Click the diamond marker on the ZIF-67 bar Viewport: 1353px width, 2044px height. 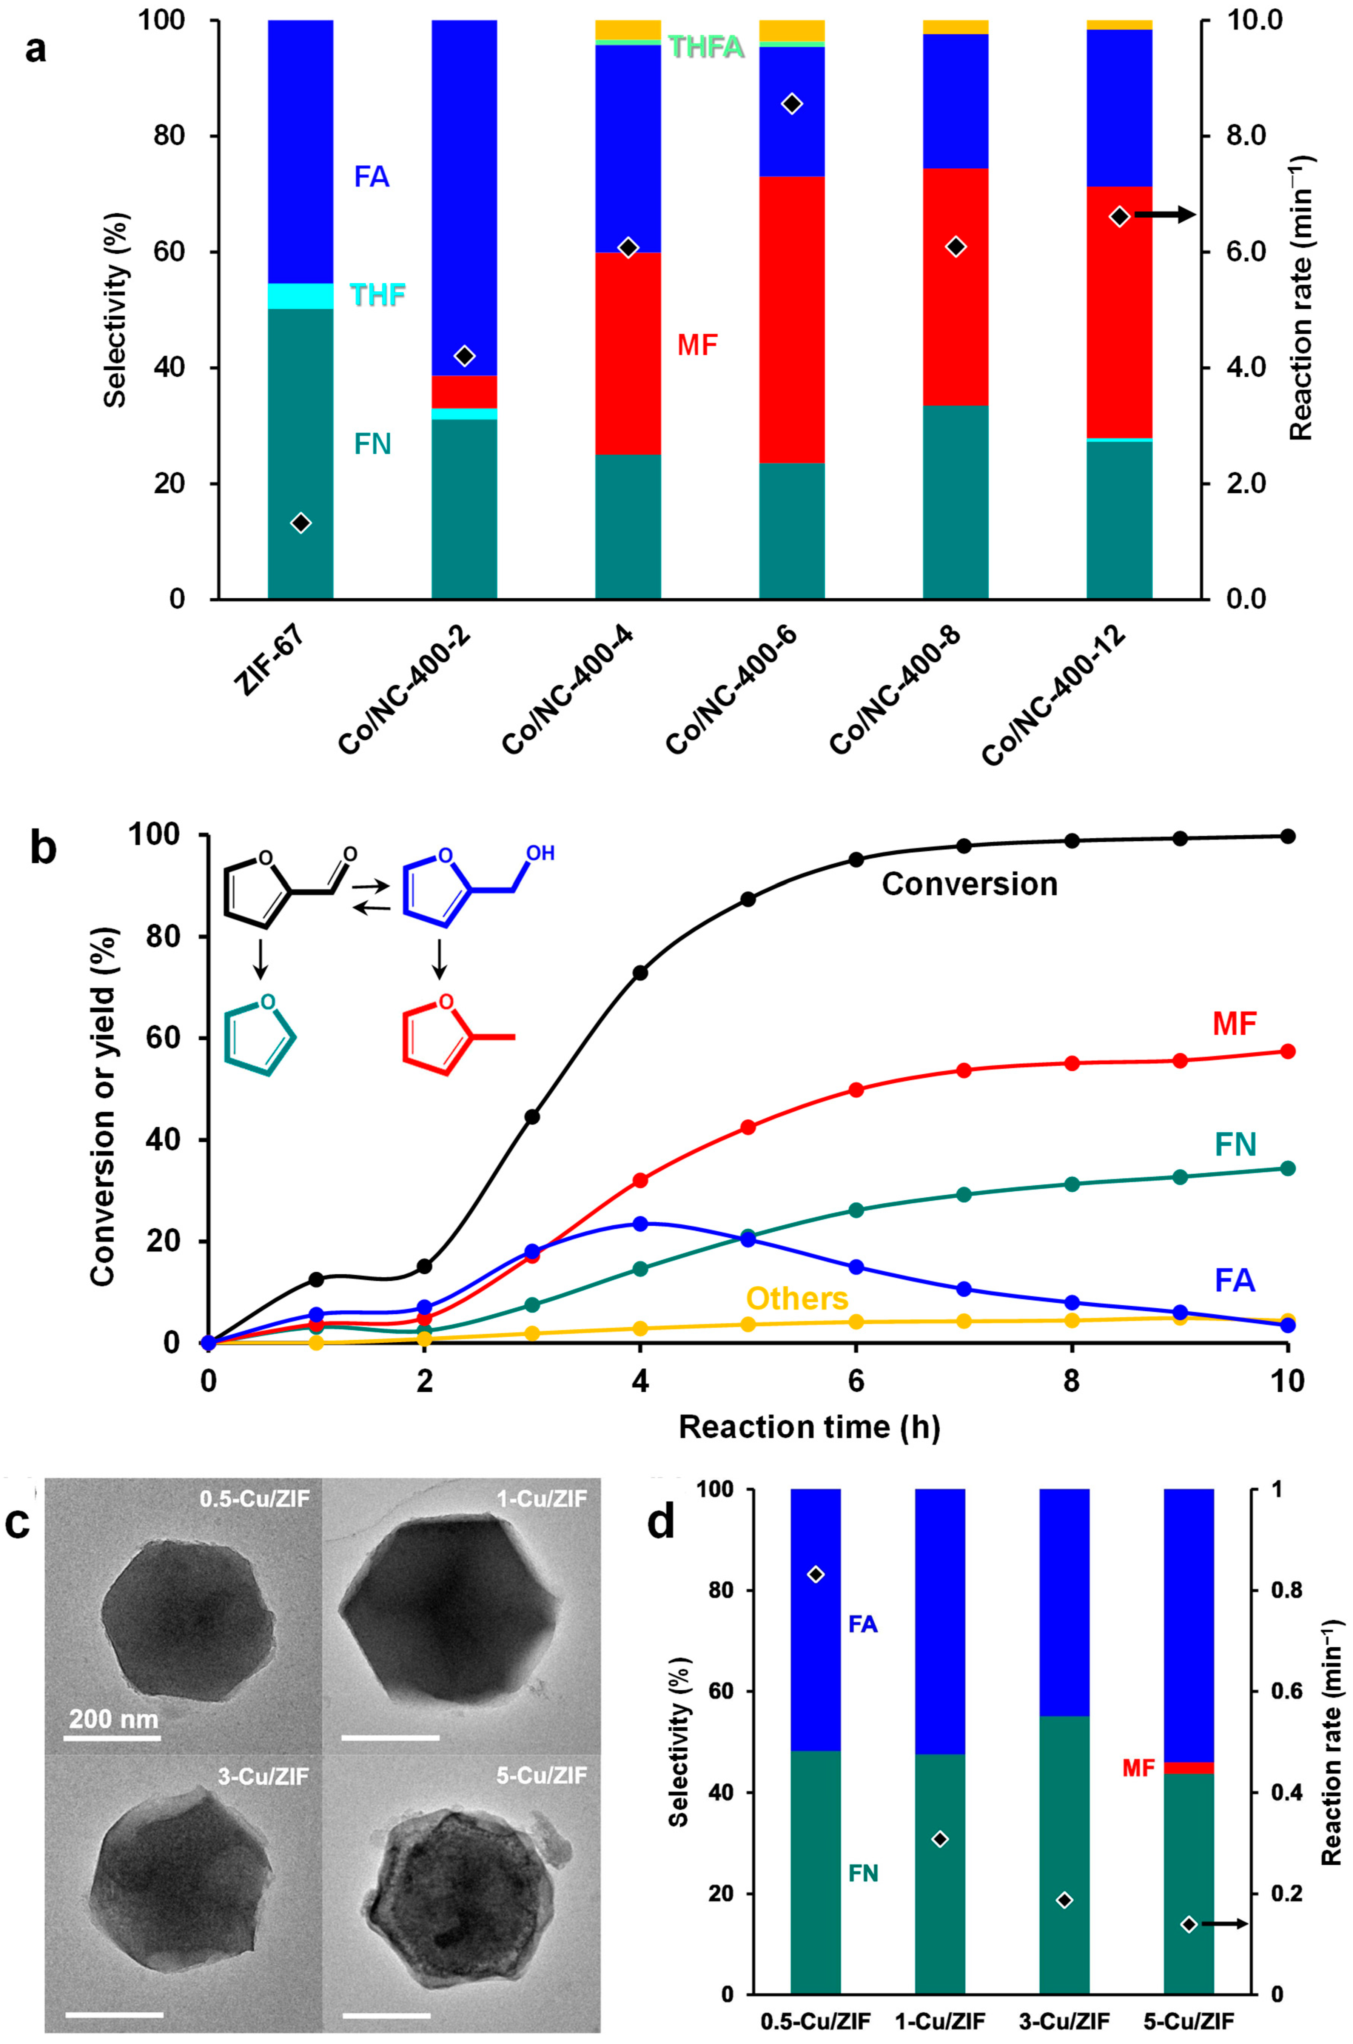click(x=300, y=523)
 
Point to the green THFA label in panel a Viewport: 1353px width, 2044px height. click(x=706, y=46)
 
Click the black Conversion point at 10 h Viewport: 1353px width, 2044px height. click(x=1287, y=836)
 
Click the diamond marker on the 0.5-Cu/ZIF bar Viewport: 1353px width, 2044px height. click(x=815, y=1575)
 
